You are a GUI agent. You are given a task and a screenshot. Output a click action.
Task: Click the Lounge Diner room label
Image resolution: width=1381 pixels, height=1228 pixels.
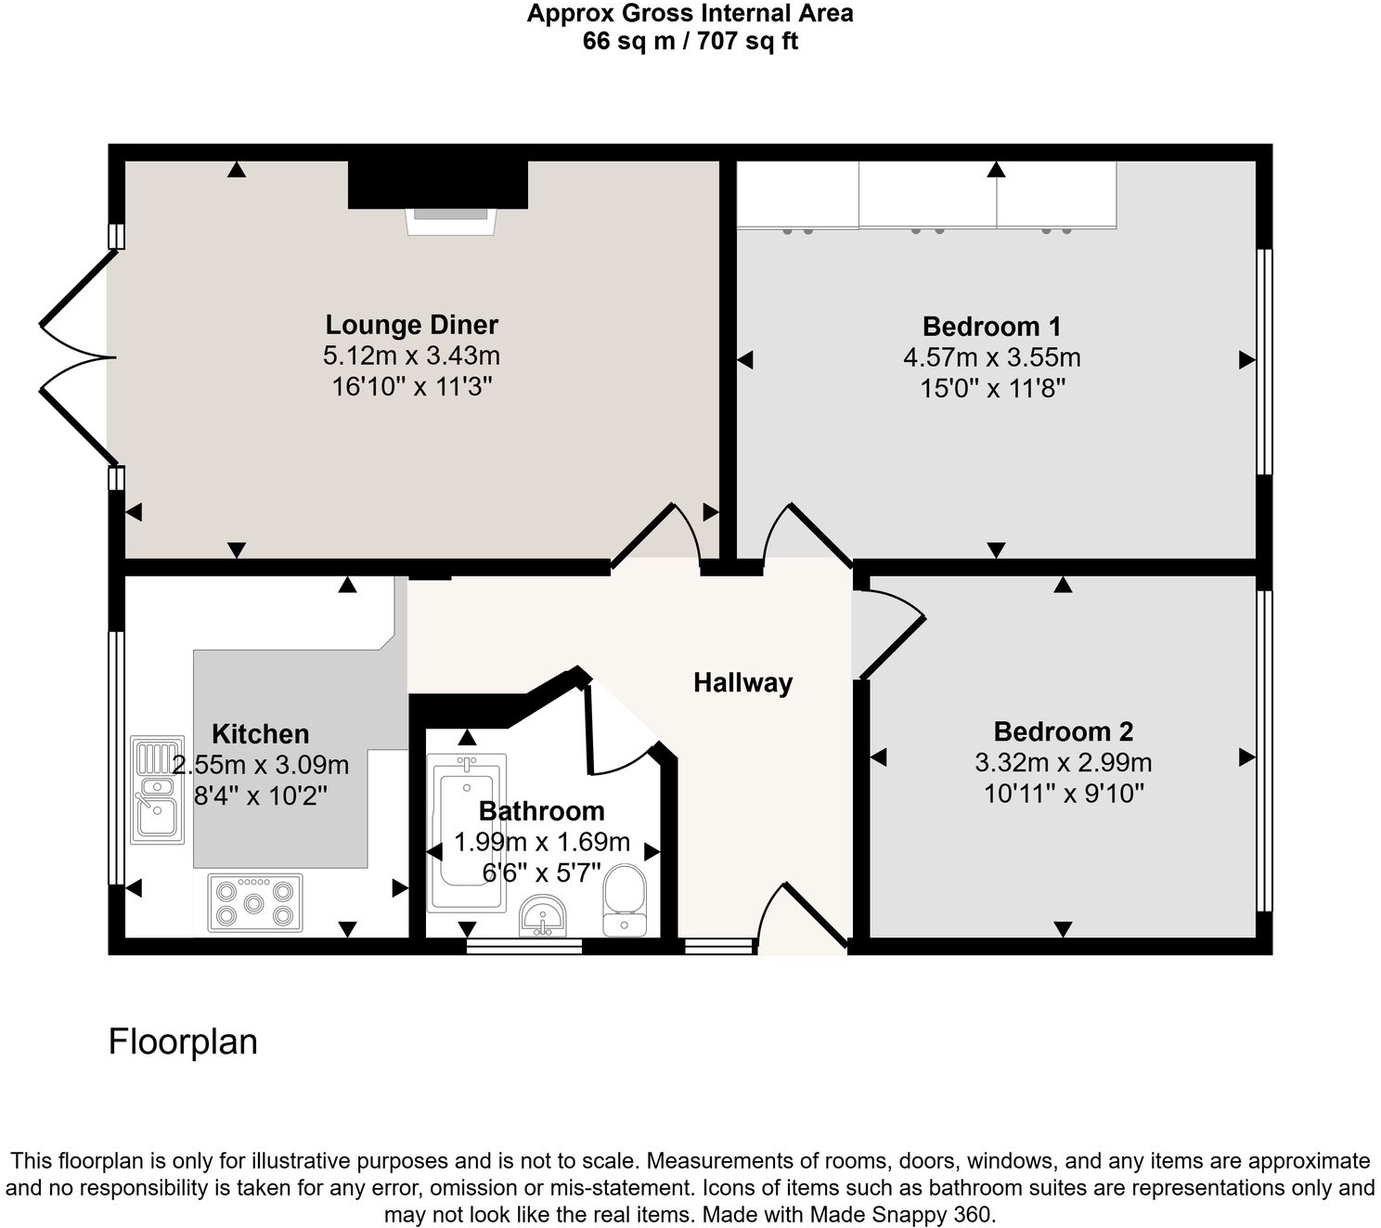click(411, 325)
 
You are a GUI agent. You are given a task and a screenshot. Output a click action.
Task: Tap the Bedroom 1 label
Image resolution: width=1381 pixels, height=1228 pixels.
click(991, 327)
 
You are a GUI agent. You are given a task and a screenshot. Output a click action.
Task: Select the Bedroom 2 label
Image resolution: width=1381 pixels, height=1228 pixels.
click(1063, 731)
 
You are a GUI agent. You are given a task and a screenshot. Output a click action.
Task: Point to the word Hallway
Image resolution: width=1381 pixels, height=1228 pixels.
click(742, 683)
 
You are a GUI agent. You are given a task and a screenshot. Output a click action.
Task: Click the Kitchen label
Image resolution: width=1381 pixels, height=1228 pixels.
click(260, 734)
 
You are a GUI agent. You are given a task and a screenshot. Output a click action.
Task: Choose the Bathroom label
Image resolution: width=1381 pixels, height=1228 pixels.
click(541, 811)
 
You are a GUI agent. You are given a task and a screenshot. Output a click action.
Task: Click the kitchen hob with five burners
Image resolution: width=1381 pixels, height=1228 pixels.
click(254, 902)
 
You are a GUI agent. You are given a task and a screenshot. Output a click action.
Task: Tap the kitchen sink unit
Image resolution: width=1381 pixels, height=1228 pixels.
click(157, 789)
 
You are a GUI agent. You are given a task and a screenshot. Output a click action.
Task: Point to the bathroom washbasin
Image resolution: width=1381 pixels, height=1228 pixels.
click(543, 915)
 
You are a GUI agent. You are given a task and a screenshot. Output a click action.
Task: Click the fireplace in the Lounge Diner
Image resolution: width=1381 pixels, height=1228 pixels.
click(450, 220)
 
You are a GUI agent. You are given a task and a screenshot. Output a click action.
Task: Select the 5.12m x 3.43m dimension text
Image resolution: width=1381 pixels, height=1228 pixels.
click(411, 355)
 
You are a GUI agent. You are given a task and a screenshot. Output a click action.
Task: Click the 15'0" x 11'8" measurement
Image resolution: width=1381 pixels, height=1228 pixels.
click(991, 388)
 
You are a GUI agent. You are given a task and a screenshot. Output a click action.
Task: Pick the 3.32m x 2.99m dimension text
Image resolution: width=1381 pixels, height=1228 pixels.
click(1063, 763)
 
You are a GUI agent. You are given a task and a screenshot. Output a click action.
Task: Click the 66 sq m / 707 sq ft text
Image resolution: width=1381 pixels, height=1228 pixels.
click(690, 41)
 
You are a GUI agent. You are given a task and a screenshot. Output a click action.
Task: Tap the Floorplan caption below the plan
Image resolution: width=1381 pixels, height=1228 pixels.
click(183, 1041)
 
